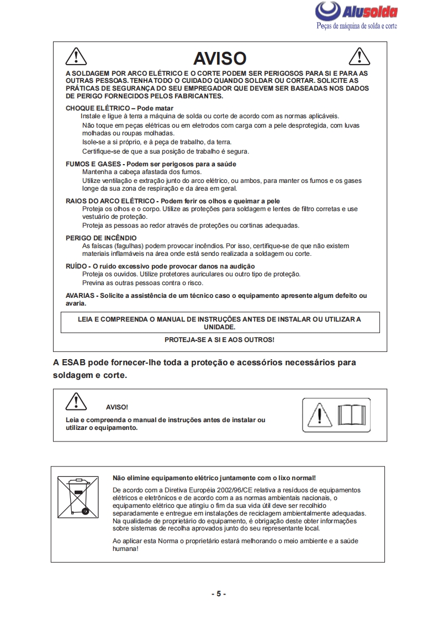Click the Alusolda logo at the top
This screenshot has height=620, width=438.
356,12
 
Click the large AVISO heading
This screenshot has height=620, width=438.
219,59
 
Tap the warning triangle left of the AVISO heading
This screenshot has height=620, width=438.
75,56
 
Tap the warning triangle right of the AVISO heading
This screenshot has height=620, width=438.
360,56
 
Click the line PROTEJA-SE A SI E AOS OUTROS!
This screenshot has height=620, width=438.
219,339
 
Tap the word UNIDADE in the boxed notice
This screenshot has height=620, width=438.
219,327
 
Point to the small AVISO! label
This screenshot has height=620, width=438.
117,407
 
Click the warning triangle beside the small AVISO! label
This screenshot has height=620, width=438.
75,401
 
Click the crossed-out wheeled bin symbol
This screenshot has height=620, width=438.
76,496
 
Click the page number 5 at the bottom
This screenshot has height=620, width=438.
219,593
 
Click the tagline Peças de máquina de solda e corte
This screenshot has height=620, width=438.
357,26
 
